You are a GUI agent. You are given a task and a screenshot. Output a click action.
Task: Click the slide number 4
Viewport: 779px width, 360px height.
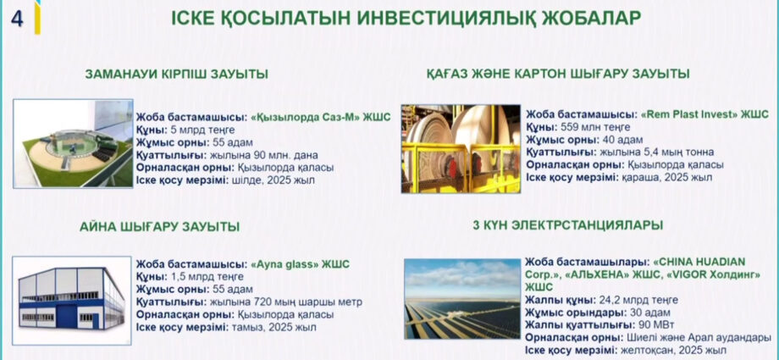pyautogui.click(x=18, y=19)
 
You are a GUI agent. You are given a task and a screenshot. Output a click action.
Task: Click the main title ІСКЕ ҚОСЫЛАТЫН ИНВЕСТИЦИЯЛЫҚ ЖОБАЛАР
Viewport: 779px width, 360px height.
pyautogui.click(x=406, y=19)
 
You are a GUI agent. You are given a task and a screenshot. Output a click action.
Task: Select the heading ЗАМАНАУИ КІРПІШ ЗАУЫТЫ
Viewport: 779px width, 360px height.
pyautogui.click(x=177, y=75)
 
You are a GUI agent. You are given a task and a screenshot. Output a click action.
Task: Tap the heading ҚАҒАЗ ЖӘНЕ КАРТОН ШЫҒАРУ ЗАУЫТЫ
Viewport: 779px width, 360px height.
pyautogui.click(x=558, y=74)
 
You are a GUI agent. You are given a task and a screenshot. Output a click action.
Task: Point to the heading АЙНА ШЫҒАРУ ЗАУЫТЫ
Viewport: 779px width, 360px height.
pyautogui.click(x=159, y=227)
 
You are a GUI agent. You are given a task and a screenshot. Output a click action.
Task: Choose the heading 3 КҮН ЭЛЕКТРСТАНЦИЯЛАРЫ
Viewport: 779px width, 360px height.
pyautogui.click(x=568, y=225)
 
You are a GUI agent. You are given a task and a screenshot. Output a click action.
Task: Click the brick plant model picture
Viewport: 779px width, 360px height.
pyautogui.click(x=73, y=143)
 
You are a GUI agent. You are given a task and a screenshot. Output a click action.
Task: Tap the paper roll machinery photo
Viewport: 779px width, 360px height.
pyautogui.click(x=461, y=148)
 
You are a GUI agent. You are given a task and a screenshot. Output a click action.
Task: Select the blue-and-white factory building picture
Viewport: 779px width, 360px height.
pyautogui.click(x=71, y=301)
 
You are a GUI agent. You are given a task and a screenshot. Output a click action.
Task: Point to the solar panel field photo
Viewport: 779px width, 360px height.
pyautogui.click(x=462, y=298)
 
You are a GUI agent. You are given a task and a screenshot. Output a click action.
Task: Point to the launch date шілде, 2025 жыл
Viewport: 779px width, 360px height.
pyautogui.click(x=273, y=180)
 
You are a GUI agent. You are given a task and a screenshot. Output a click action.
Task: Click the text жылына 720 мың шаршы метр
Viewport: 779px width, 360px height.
pyautogui.click(x=286, y=302)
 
